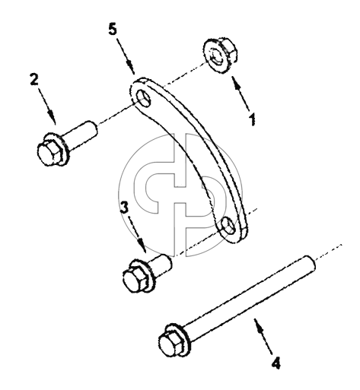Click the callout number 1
pyautogui.click(x=252, y=119)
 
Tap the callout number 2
pyautogui.click(x=34, y=79)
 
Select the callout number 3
pyautogui.click(x=124, y=208)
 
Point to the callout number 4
pyautogui.click(x=276, y=363)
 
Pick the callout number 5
pyautogui.click(x=113, y=30)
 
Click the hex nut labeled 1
pyautogui.click(x=220, y=55)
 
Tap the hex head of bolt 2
pyautogui.click(x=50, y=153)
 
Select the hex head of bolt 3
pyautogui.click(x=135, y=280)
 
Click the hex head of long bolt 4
pyautogui.click(x=172, y=343)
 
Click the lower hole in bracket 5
pyautogui.click(x=228, y=225)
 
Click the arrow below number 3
pyautogui.click(x=138, y=234)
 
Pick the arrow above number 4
pyautogui.click(x=263, y=336)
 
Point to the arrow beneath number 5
pyautogui.click(x=126, y=56)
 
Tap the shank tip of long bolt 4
pyautogui.click(x=311, y=264)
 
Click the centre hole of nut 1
pyautogui.click(x=215, y=57)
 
